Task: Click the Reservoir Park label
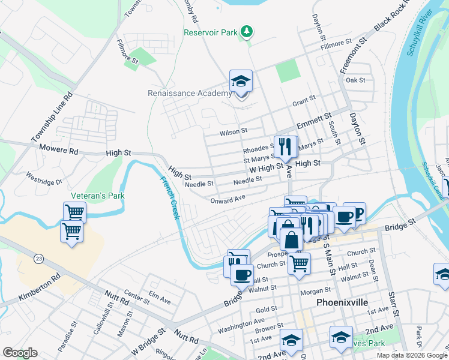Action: click(210, 32)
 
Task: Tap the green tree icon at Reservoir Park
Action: click(246, 31)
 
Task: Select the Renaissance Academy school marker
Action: click(241, 82)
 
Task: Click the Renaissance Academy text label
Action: click(190, 93)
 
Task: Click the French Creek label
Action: click(169, 197)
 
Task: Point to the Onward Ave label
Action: click(228, 199)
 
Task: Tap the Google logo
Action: click(20, 353)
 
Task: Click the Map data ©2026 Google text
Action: click(411, 355)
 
